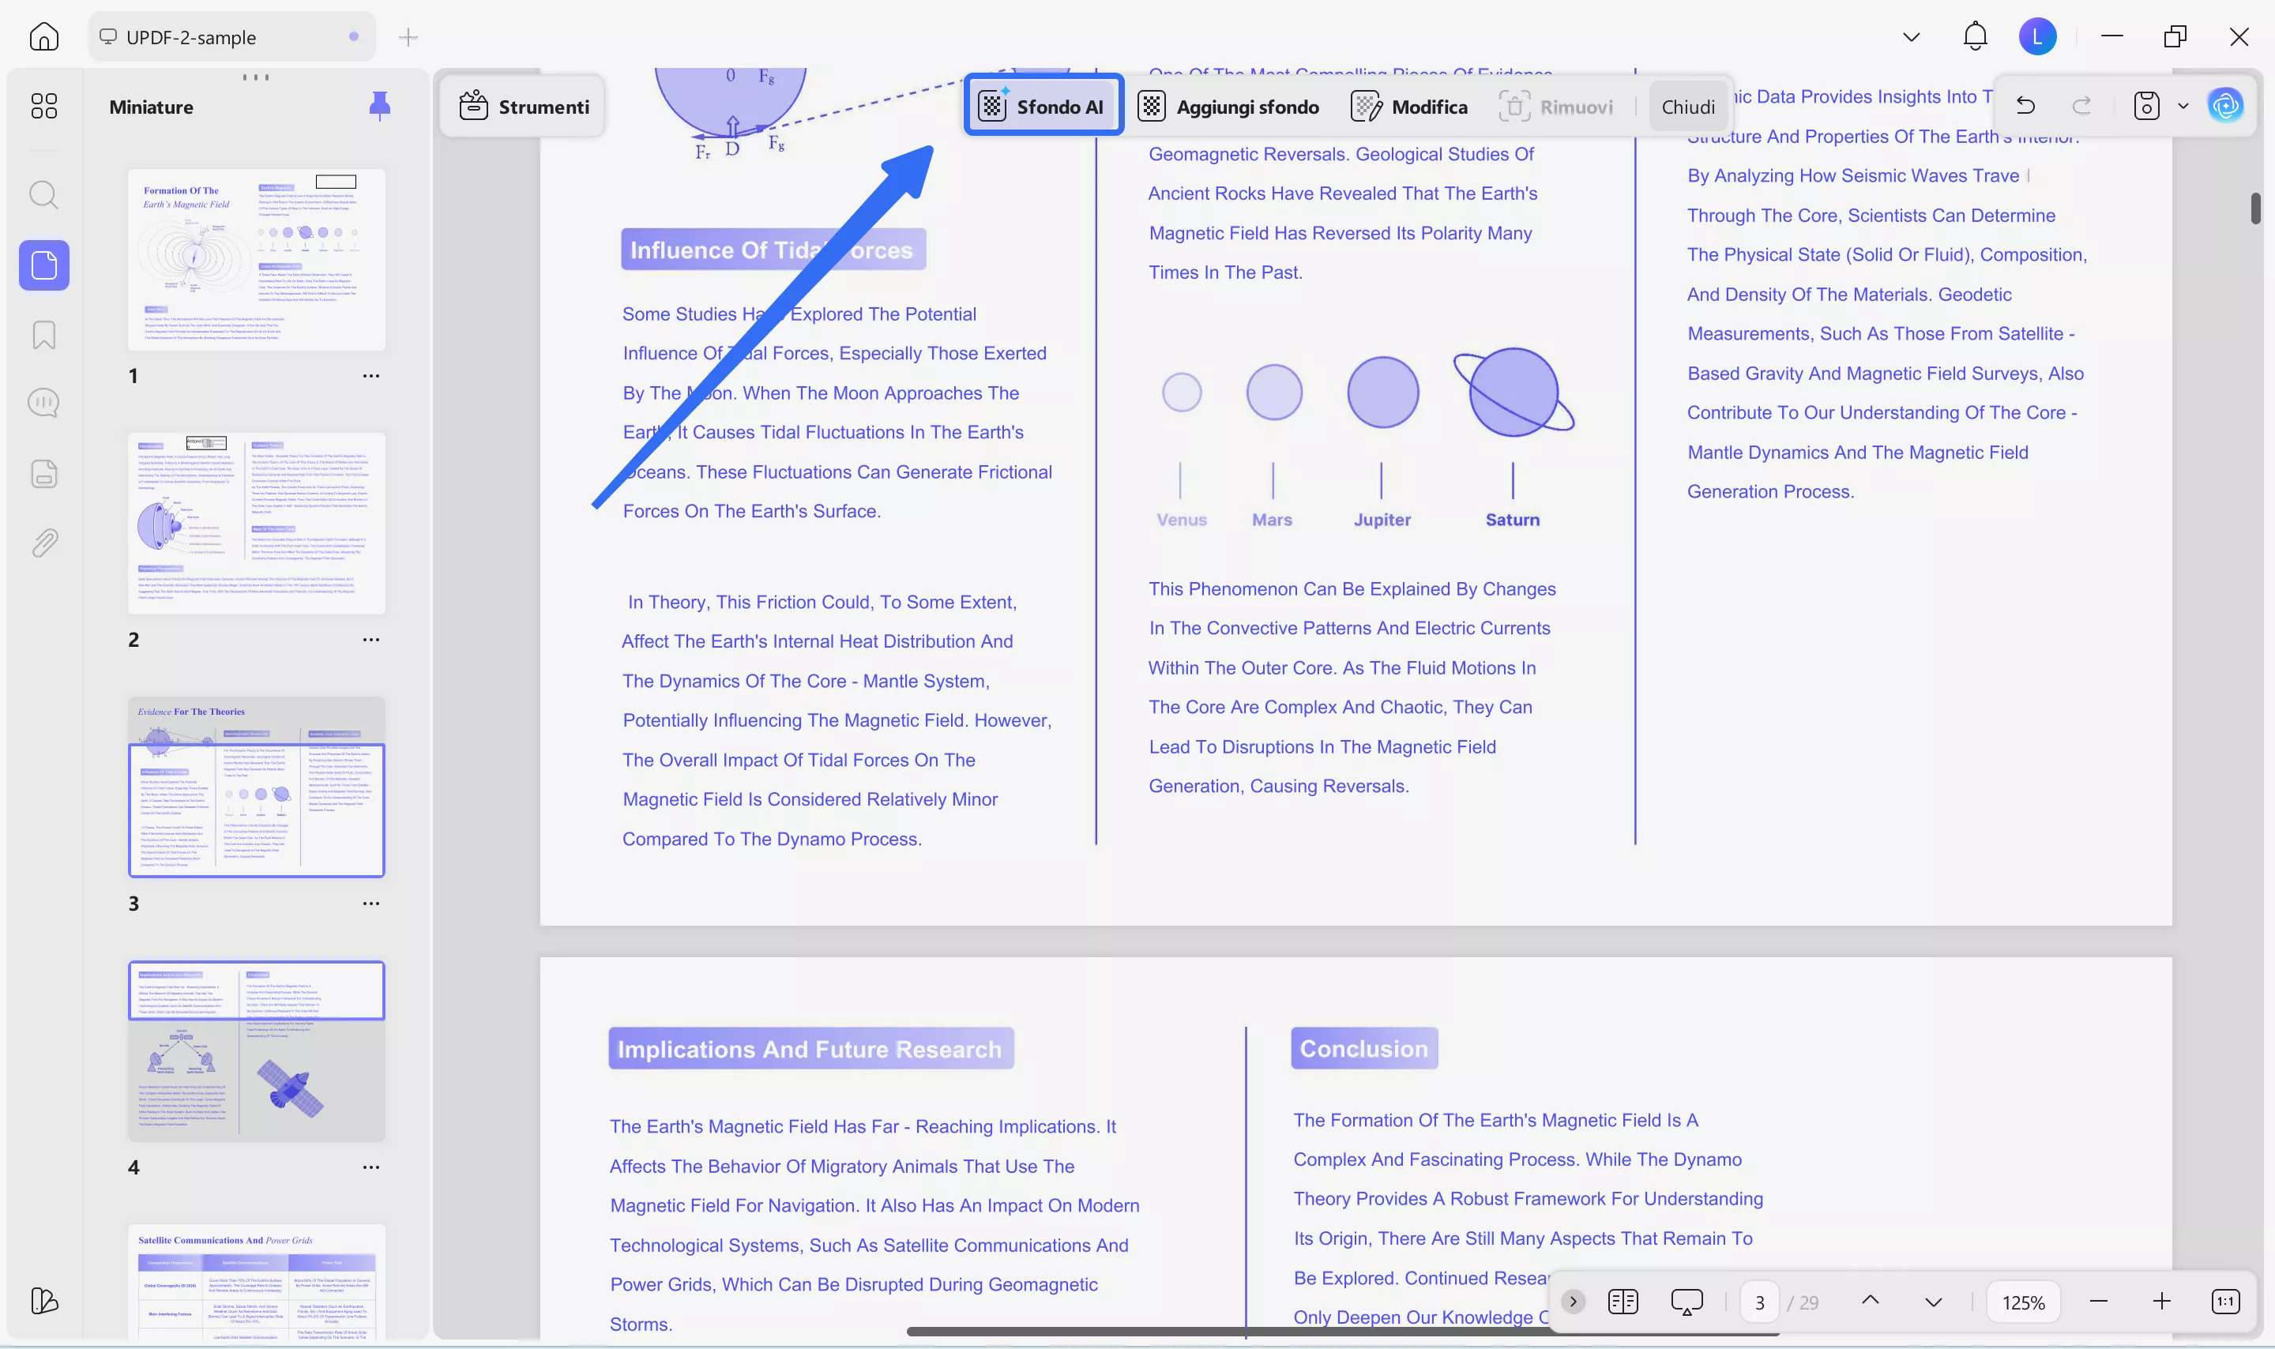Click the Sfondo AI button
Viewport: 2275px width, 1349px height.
click(x=1043, y=107)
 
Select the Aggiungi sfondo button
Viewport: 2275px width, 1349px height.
click(x=1229, y=107)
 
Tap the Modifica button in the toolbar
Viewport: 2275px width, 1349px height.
click(x=1410, y=107)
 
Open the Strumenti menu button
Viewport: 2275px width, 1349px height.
click(x=524, y=107)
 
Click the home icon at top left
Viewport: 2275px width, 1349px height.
click(x=43, y=36)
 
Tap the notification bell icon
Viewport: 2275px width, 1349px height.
click(x=1974, y=36)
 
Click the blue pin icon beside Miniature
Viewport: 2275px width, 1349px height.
click(x=380, y=106)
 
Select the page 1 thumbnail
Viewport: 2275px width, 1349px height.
click(x=256, y=260)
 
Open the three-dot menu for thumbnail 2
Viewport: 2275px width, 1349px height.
click(x=370, y=639)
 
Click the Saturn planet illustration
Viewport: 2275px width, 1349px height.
click(x=1514, y=393)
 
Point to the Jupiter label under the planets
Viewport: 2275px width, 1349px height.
click(x=1382, y=520)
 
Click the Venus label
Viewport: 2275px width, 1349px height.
click(x=1182, y=520)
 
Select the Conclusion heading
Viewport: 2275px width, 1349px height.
click(x=1363, y=1048)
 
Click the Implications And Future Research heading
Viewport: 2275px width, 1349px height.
click(x=810, y=1048)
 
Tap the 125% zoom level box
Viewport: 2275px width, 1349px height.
click(x=2023, y=1302)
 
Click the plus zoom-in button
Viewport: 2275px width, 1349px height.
click(x=2161, y=1302)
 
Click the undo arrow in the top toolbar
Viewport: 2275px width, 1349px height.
click(x=2025, y=106)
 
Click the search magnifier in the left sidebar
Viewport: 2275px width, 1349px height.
click(x=43, y=194)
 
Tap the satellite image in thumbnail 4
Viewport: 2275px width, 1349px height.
click(x=290, y=1088)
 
